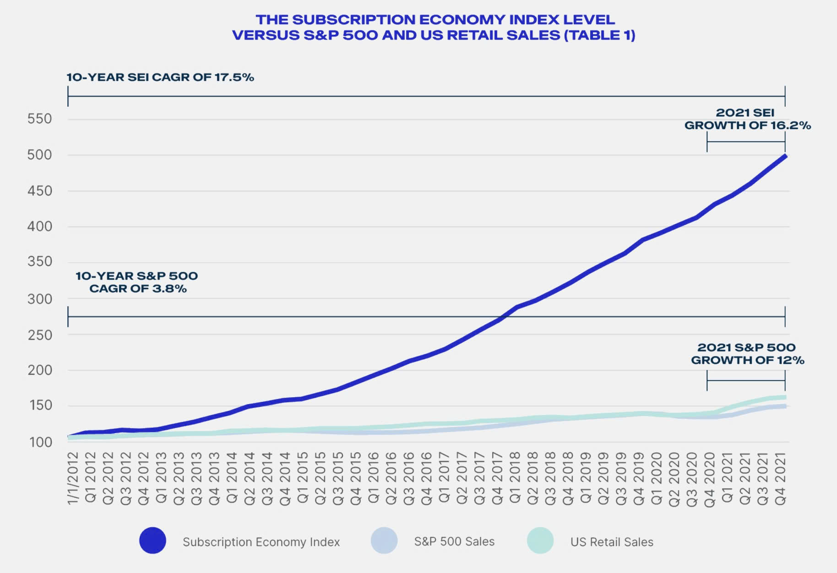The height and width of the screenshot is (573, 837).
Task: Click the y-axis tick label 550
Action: [x=39, y=119]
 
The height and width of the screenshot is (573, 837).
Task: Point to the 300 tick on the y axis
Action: [x=39, y=299]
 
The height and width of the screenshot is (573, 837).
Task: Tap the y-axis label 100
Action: [x=39, y=442]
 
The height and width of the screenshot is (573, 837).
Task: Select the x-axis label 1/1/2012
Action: [x=73, y=478]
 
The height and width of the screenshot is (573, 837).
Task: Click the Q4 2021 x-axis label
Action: [x=781, y=478]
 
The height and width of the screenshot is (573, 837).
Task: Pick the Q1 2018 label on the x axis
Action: [x=515, y=478]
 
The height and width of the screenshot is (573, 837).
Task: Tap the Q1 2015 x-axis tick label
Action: [x=303, y=478]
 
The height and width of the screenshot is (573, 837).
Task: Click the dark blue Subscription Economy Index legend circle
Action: [x=152, y=541]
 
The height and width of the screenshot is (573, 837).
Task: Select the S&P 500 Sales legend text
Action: [x=454, y=541]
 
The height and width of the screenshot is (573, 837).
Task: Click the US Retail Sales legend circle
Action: [x=540, y=541]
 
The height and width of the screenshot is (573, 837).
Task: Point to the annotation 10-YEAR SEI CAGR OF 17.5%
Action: [x=160, y=77]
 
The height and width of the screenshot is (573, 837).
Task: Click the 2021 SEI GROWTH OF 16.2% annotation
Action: [x=747, y=119]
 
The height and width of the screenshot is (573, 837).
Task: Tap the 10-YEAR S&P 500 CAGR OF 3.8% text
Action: [x=137, y=282]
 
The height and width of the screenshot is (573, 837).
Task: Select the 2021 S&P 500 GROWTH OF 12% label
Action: [x=747, y=354]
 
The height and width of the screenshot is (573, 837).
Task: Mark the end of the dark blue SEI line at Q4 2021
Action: [x=785, y=157]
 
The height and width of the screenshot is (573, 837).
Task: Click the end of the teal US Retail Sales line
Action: [x=785, y=397]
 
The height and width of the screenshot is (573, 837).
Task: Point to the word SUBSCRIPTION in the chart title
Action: [x=353, y=20]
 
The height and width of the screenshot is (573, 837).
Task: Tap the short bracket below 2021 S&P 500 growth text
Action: [x=746, y=380]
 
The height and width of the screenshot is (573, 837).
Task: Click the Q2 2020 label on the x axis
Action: [x=674, y=478]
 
